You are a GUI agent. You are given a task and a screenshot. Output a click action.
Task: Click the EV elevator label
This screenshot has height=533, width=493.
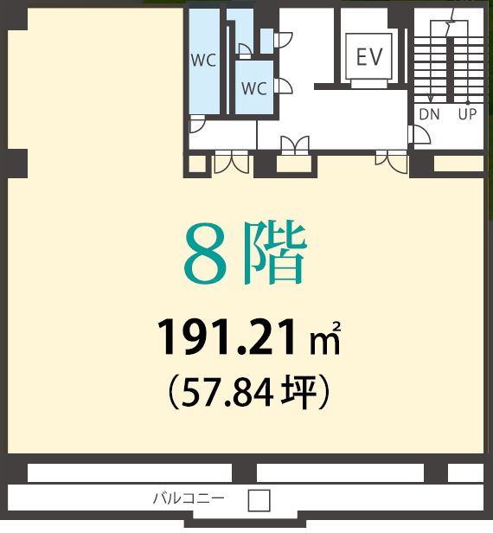point(369,56)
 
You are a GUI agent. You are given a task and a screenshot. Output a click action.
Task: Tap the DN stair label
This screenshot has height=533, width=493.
point(430,114)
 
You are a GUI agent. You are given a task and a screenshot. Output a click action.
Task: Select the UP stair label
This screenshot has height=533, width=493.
point(467,114)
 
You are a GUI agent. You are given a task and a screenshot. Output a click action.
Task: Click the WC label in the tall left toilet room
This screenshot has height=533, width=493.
point(203,61)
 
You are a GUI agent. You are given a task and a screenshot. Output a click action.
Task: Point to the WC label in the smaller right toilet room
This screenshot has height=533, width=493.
point(253,88)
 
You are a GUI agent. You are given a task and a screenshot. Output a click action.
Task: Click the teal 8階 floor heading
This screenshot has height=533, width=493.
point(246,254)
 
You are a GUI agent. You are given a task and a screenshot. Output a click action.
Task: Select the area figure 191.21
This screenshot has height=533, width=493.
point(226,337)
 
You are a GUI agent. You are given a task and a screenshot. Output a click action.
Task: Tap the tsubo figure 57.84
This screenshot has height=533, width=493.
point(227,394)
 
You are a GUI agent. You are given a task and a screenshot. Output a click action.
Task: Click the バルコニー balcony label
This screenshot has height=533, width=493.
point(189,498)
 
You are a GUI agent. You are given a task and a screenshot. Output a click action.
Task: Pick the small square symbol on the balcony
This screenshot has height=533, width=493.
point(259,500)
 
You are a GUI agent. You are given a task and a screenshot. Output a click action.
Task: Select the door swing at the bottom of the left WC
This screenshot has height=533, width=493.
point(196,124)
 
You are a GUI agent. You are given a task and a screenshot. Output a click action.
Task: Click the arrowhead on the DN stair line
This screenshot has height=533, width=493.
point(430,99)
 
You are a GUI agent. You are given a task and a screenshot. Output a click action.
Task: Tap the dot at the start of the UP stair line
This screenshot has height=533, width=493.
point(468,102)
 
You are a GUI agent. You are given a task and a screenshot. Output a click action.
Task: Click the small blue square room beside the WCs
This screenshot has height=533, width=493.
point(266,42)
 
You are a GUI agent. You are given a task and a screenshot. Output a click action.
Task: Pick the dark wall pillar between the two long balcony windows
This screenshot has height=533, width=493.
point(244,472)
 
